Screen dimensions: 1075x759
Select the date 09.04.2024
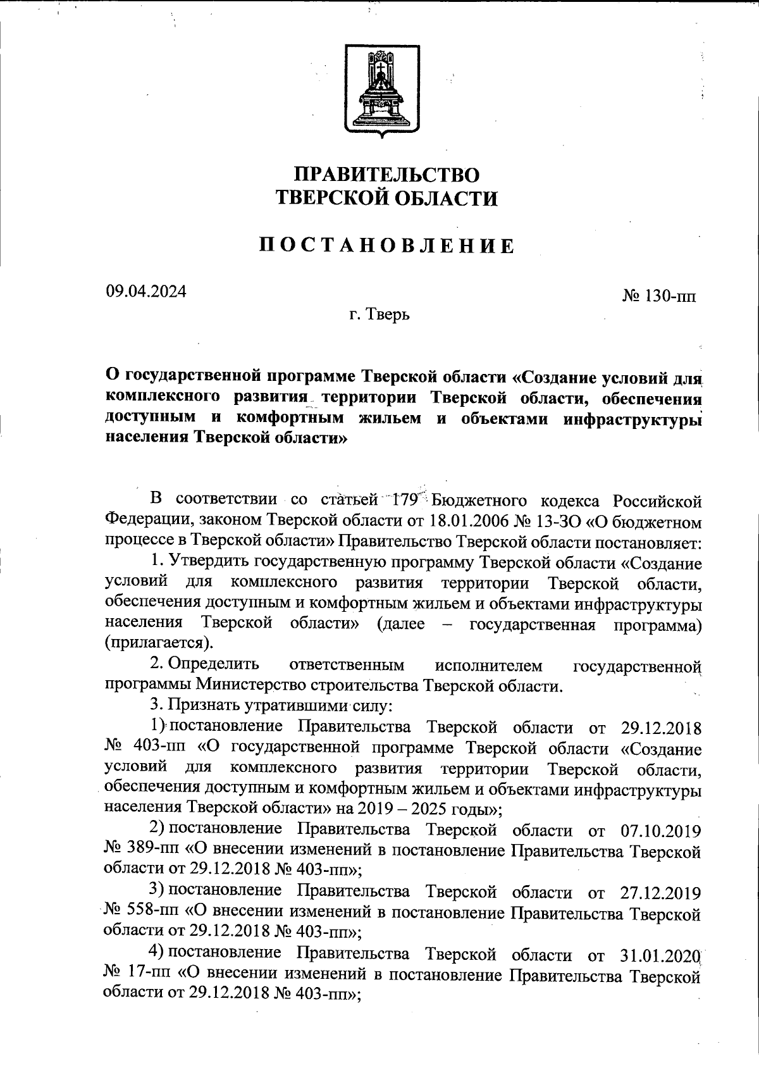pos(146,292)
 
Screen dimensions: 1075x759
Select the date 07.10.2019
pos(658,830)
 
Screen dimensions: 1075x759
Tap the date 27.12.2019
pos(658,893)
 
